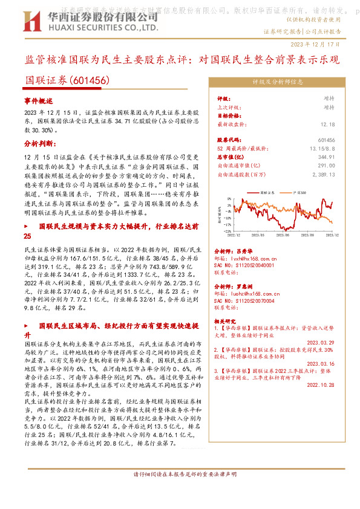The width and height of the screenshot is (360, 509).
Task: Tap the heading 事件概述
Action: pyautogui.click(x=39, y=100)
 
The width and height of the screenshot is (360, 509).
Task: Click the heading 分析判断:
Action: pyautogui.click(x=40, y=144)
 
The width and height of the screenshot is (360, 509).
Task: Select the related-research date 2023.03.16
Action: pyautogui.click(x=321, y=363)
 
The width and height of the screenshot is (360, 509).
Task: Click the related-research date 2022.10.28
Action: pyautogui.click(x=321, y=385)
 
